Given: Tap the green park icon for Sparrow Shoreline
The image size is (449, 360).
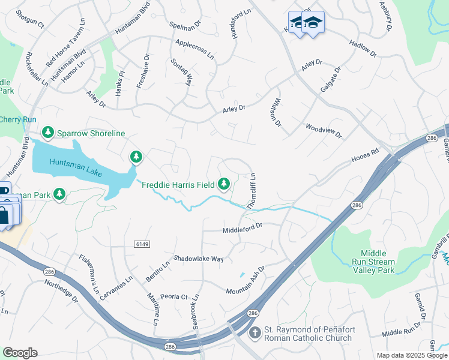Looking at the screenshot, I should point(47,132).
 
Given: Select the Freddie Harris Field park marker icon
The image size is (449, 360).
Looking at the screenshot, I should point(224,183).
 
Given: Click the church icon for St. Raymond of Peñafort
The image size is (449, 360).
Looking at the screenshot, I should point(255,332).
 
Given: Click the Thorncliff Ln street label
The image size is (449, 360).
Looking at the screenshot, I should point(252,191).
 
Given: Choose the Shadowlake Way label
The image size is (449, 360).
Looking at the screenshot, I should point(198,259).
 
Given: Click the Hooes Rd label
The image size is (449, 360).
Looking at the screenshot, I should point(365,157).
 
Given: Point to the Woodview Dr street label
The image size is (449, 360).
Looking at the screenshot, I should point(323,130).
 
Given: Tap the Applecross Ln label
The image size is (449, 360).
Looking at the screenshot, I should point(194,49).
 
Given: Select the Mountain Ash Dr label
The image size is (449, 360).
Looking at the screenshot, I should point(245,282).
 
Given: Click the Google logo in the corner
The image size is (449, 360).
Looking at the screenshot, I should point(20,352).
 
